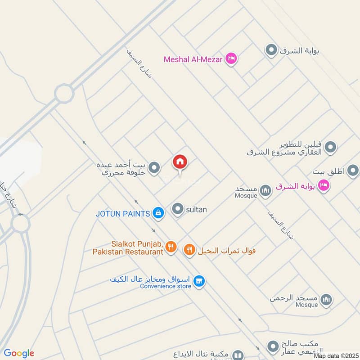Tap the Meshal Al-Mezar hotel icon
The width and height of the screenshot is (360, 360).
point(231,58)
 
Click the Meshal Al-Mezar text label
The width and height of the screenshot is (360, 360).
point(193,59)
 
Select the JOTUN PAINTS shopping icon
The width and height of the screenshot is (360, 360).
point(158,213)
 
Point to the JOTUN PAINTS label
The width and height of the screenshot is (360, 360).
point(122,214)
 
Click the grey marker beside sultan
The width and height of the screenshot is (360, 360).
point(178,209)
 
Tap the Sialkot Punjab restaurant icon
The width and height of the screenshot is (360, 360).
point(170,246)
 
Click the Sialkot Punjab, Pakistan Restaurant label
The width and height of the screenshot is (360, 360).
point(128,247)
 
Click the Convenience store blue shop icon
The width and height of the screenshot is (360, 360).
point(198,282)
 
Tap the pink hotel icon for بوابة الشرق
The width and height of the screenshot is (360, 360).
point(323,185)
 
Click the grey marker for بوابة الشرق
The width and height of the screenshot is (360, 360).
point(271,50)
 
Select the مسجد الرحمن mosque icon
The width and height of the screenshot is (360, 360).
point(327,299)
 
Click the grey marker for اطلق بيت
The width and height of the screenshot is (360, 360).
point(353,171)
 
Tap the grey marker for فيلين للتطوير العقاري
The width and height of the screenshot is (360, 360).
point(331,147)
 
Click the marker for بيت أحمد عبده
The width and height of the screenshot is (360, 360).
point(154,168)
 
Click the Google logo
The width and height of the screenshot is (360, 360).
point(19,353)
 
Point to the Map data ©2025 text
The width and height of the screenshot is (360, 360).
point(337,356)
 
